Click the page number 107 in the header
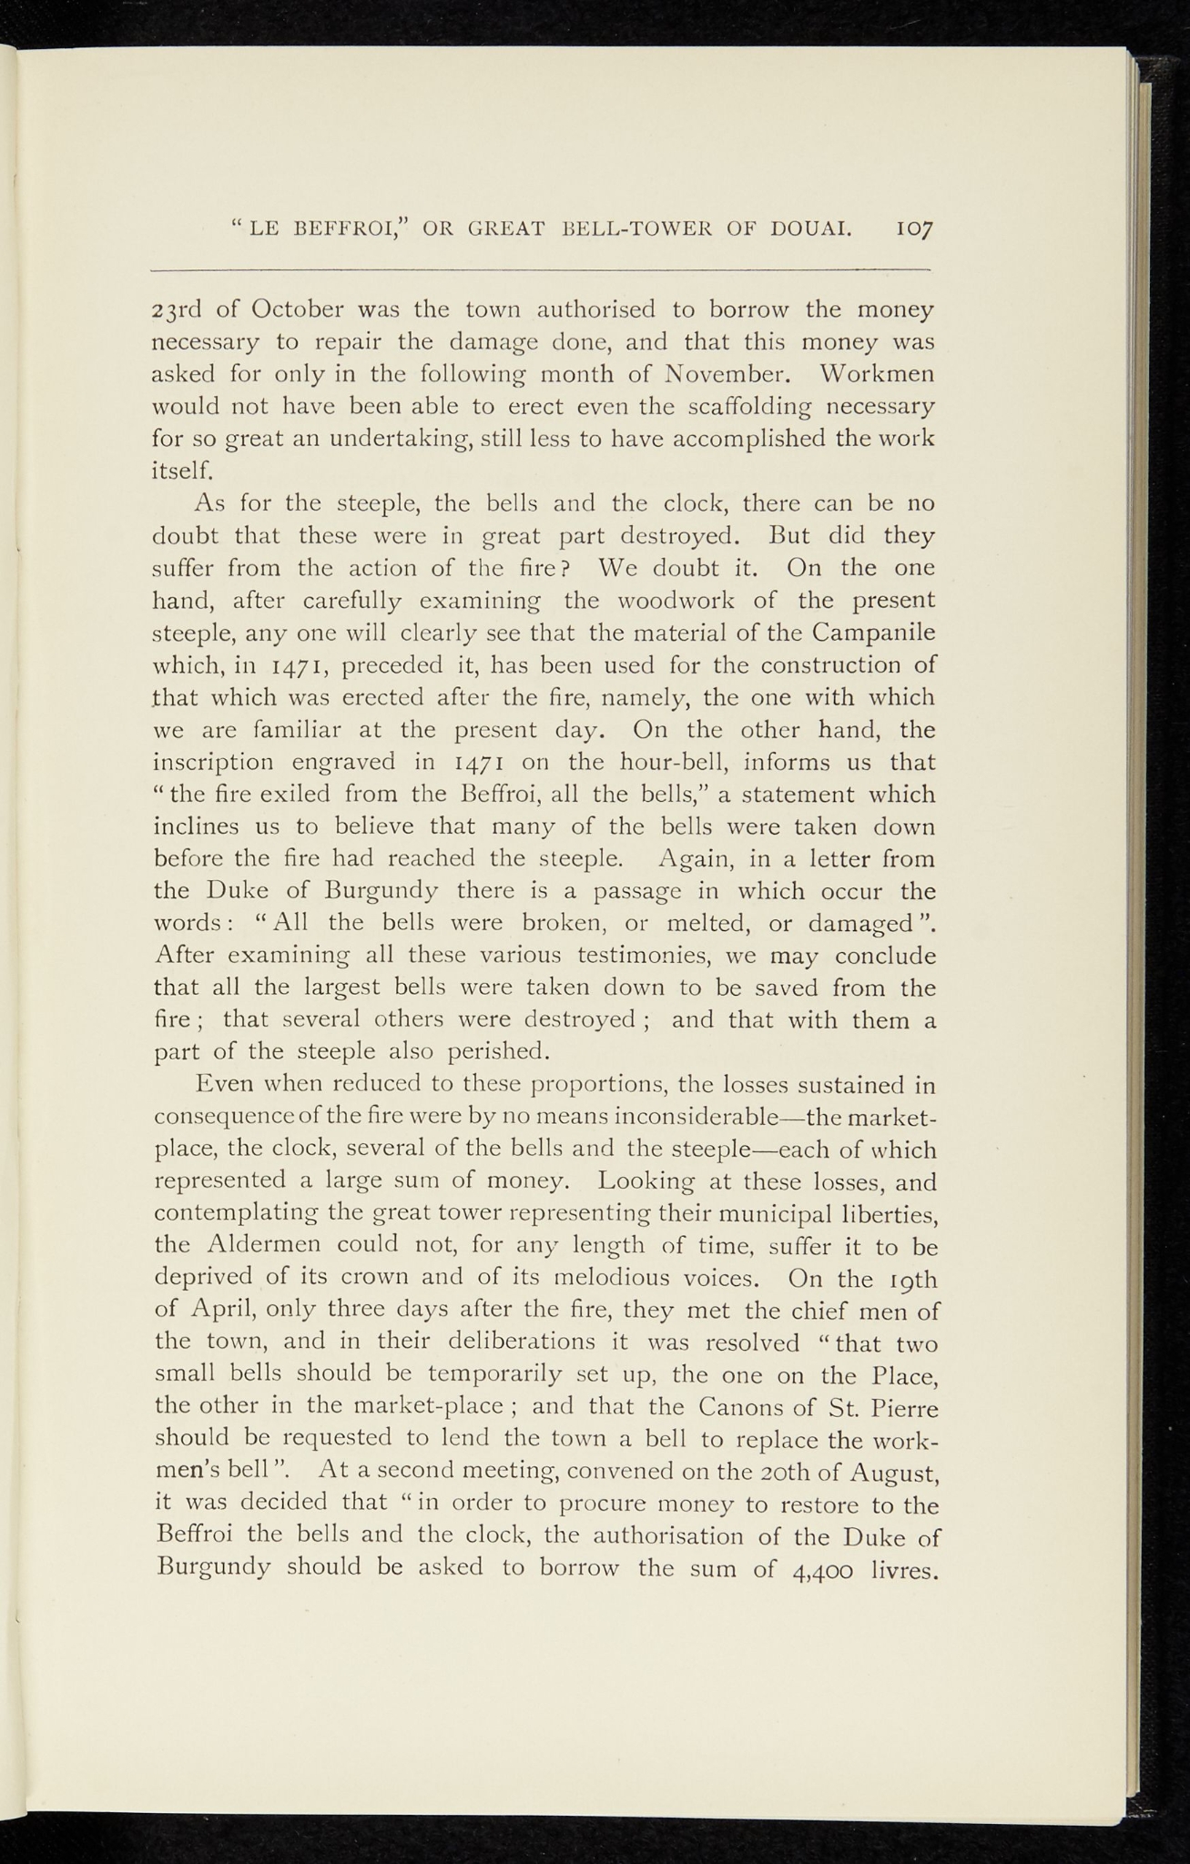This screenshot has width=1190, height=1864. (x=917, y=228)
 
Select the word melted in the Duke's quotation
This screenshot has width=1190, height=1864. (x=707, y=923)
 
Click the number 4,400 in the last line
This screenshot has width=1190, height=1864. (x=823, y=1570)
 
